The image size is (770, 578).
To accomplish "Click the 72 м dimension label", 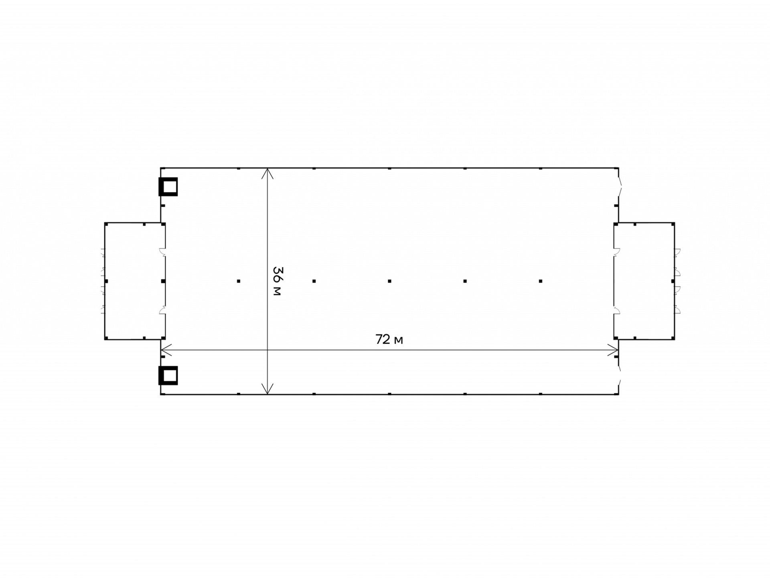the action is pyautogui.click(x=389, y=340).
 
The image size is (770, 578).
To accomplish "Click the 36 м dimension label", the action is pyautogui.click(x=277, y=281).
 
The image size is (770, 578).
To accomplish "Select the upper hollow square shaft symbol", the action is pyautogui.click(x=168, y=187).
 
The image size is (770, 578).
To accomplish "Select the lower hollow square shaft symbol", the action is pyautogui.click(x=168, y=376).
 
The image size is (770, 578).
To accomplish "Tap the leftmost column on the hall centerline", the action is pyautogui.click(x=239, y=281).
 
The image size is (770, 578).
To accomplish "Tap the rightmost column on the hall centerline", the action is pyautogui.click(x=541, y=281).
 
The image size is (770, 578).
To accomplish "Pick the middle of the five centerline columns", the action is pyautogui.click(x=389, y=281).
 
